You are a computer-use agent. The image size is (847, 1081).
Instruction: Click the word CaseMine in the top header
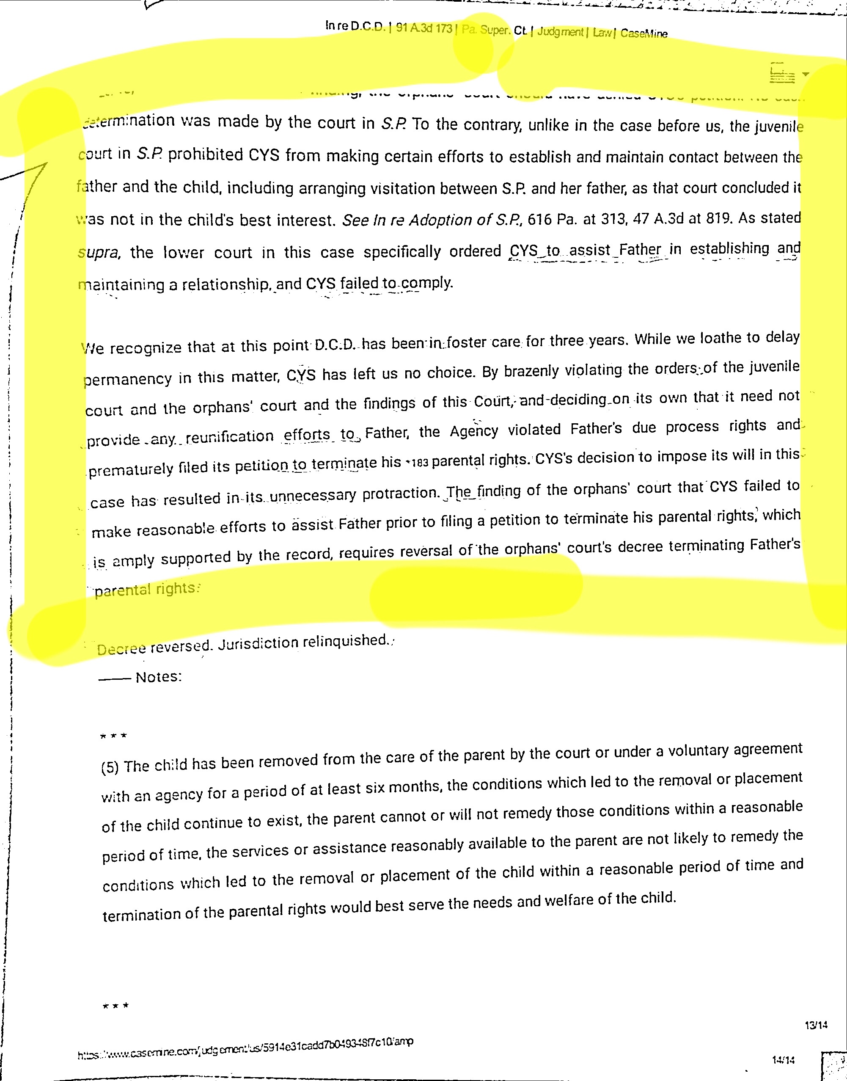tap(643, 34)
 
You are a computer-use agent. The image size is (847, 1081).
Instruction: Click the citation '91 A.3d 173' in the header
tap(424, 28)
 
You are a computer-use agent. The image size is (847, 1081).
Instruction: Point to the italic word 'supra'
tap(98, 253)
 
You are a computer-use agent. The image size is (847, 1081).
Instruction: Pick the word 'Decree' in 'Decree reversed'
tap(121, 649)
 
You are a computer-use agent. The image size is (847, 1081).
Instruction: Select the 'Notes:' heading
tap(159, 677)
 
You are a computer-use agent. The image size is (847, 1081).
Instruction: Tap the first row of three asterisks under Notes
tap(113, 736)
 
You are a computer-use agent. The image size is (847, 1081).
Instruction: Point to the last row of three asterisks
tap(115, 1006)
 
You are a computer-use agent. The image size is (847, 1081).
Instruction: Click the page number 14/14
tap(783, 1060)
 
